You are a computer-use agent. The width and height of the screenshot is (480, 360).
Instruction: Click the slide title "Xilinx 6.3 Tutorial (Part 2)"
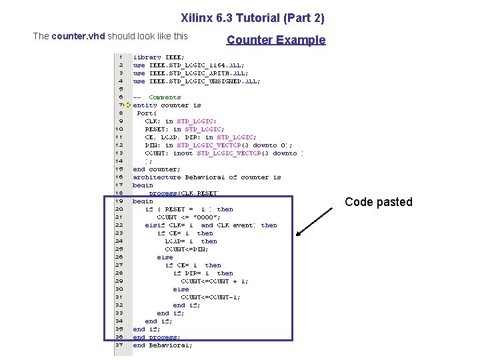pos(253,18)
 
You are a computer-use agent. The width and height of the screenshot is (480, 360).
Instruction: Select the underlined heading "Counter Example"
pos(276,40)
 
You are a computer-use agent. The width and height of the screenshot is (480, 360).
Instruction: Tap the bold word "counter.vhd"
pos(78,36)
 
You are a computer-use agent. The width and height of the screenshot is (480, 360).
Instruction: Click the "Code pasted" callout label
pos(378,202)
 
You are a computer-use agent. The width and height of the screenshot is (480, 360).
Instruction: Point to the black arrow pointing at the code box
pos(315,221)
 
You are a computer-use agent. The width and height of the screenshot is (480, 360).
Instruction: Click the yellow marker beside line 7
pos(127,105)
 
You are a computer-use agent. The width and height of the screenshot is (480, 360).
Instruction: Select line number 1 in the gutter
pos(120,57)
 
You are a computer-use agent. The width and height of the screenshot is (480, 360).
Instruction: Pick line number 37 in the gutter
pos(119,345)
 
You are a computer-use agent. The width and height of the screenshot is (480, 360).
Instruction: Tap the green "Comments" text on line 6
pos(165,97)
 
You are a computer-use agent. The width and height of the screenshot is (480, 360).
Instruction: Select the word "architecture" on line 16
pos(157,177)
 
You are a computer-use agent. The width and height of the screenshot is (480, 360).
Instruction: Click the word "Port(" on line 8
pos(146,113)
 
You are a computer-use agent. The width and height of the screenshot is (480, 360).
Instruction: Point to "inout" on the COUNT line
pos(183,153)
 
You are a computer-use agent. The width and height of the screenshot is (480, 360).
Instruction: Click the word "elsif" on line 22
pos(155,225)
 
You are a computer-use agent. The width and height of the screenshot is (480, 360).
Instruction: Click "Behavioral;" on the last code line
pos(170,345)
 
